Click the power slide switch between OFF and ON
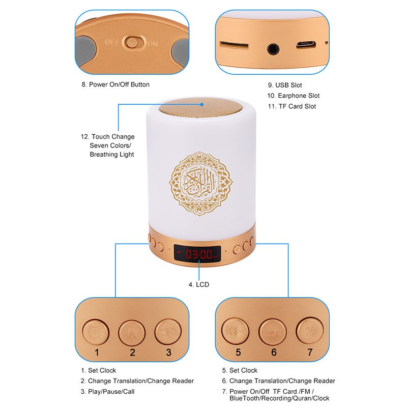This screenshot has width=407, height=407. coord(133,43)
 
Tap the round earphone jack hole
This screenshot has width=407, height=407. coord(273,49)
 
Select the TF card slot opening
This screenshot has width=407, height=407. coord(234,45)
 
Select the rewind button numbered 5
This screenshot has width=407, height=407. coord(234,331)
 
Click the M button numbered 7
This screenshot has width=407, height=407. coord(308,331)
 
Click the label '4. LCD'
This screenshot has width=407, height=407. coord(198,285)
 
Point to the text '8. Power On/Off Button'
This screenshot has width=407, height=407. coord(115,84)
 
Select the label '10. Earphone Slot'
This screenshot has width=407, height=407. coord(293,96)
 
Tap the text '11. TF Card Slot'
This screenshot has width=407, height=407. coord(292,106)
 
